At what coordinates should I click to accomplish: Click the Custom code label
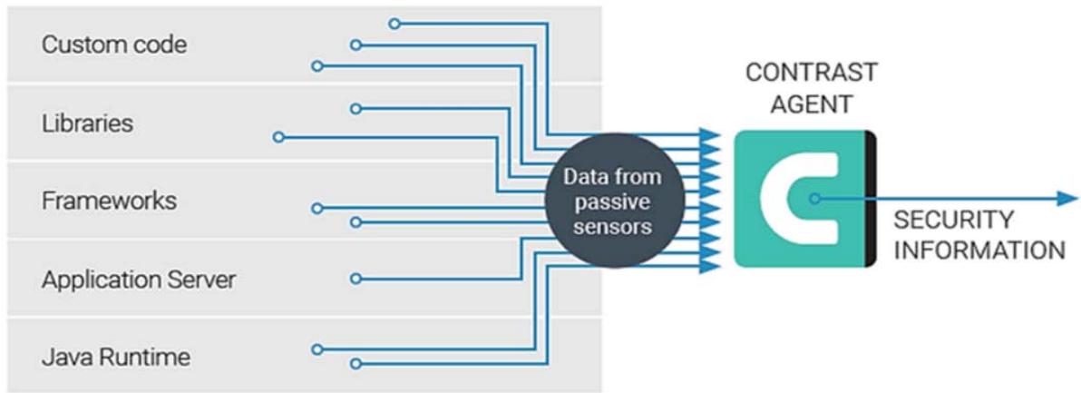pyautogui.click(x=113, y=44)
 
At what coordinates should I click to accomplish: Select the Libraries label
pyautogui.click(x=87, y=123)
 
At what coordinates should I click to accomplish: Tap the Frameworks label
pyautogui.click(x=109, y=201)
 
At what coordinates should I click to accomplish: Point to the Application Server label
pyautogui.click(x=138, y=279)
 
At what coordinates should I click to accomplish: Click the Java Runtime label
pyautogui.click(x=116, y=357)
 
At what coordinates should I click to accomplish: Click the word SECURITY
pyautogui.click(x=952, y=220)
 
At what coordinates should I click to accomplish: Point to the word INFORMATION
pyautogui.click(x=979, y=250)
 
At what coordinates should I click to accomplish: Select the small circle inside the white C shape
pyautogui.click(x=815, y=199)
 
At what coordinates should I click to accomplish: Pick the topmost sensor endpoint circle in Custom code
pyautogui.click(x=394, y=23)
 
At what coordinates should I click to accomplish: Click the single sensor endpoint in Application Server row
pyautogui.click(x=355, y=278)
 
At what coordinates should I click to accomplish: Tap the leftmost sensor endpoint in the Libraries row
pyautogui.click(x=278, y=138)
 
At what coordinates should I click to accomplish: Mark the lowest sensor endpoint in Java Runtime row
pyautogui.click(x=355, y=365)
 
